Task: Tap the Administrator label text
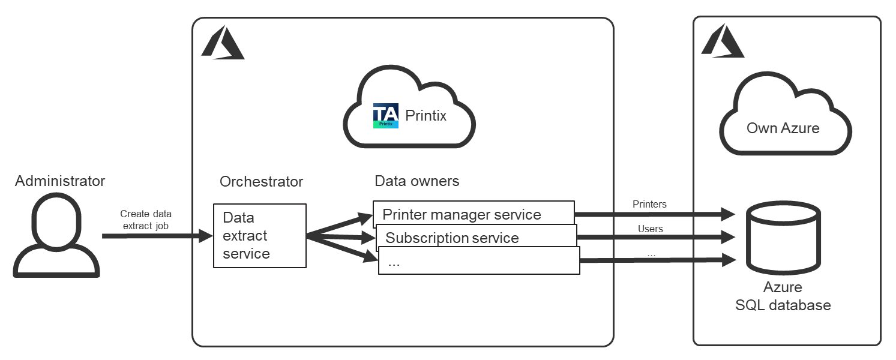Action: [60, 181]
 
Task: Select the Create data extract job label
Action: [146, 219]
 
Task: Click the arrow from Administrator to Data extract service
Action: [156, 236]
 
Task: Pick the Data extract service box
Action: [260, 236]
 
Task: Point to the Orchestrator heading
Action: [262, 182]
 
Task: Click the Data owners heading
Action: [417, 181]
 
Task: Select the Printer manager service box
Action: [473, 213]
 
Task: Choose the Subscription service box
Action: [475, 237]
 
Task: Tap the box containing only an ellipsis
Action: [478, 262]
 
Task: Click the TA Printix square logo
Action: [386, 116]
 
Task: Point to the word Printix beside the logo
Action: [426, 115]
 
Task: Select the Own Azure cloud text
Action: [783, 128]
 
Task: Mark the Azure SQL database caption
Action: [783, 296]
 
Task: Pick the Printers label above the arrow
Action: [649, 205]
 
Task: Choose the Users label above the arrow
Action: [651, 229]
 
